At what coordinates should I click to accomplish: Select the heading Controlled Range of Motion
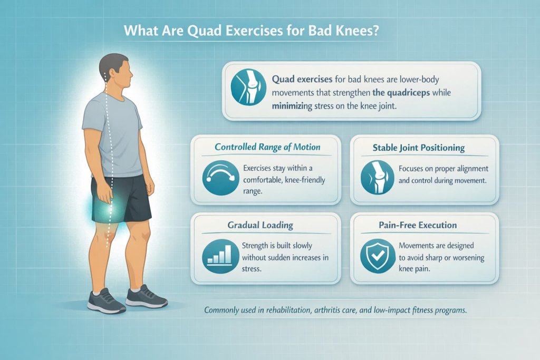click(x=267, y=147)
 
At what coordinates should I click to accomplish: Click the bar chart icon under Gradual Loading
click(x=218, y=256)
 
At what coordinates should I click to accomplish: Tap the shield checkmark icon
click(x=376, y=256)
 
